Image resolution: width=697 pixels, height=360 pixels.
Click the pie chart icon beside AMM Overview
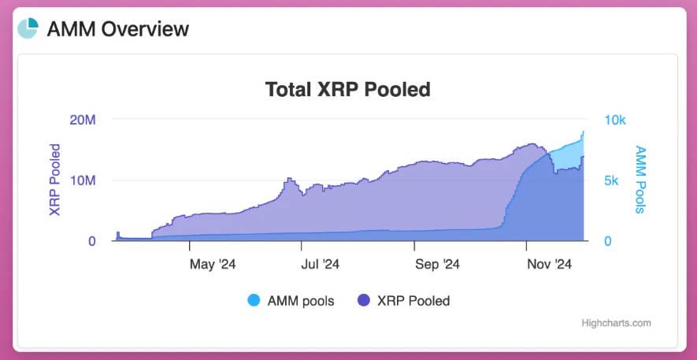pos(28,28)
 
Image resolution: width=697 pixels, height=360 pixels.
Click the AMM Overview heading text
pos(118,29)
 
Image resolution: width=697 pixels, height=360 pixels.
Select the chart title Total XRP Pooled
pos(347,89)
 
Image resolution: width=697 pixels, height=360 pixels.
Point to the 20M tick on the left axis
pos(82,120)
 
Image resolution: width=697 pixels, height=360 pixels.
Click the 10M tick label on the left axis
pos(82,180)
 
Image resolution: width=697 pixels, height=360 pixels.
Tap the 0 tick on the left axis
pos(91,241)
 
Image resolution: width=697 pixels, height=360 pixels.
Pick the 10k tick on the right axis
pos(614,120)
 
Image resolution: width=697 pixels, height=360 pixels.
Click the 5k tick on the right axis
pos(611,180)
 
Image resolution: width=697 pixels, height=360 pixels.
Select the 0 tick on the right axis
pos(607,241)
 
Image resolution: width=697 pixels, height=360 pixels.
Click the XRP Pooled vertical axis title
pos(55,180)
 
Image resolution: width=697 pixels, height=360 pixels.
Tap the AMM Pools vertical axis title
pos(640,180)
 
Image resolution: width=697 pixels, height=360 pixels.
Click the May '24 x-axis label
pos(213,264)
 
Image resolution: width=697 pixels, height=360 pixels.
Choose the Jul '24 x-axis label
pos(321,264)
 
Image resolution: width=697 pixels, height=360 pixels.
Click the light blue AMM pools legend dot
pos(254,300)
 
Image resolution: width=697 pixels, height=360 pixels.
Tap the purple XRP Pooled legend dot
pos(363,300)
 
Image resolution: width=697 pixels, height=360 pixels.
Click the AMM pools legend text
pos(301,300)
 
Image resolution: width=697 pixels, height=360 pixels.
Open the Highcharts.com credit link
pos(616,323)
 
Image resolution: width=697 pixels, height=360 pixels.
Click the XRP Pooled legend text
pos(413,300)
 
